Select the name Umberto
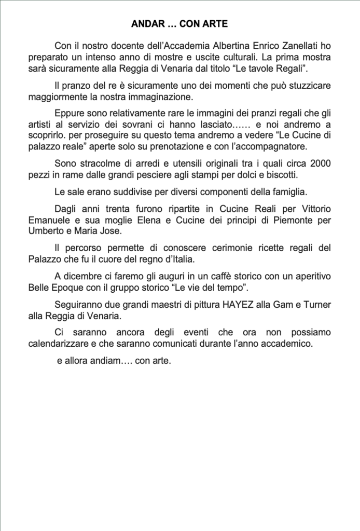point(46,232)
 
